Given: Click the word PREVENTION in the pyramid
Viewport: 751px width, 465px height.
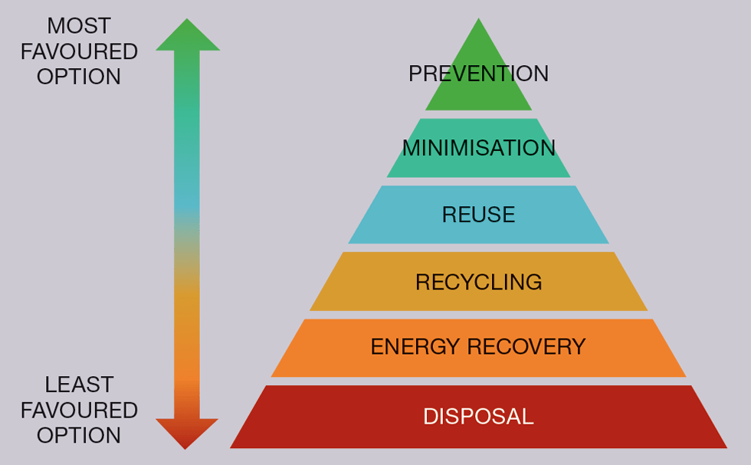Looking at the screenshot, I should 478,74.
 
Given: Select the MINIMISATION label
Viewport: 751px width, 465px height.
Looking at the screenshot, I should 478,148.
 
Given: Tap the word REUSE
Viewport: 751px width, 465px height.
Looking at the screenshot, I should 478,214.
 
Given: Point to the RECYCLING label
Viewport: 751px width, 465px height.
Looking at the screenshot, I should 478,282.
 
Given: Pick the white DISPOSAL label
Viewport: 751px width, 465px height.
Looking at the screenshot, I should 478,417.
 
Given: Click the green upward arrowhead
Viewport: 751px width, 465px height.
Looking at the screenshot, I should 188,35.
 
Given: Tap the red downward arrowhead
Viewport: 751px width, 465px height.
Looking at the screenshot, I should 186,433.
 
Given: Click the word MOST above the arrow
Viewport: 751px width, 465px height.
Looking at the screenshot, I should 78,26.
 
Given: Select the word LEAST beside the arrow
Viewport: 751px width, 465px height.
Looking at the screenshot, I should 78,385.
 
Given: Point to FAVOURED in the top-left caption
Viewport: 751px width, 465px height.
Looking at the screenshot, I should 78,51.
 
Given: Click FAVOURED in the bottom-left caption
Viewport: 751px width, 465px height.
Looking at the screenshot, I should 78,410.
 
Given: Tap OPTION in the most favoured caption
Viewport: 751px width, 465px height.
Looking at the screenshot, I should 78,77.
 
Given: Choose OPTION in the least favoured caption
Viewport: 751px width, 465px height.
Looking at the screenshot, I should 78,435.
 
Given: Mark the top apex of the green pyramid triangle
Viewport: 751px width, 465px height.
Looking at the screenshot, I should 478,19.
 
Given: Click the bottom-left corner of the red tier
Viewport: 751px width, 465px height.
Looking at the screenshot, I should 231,447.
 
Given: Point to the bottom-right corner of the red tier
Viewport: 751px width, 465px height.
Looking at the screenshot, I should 726,447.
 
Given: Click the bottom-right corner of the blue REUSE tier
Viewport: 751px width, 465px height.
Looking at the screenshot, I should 608,243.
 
